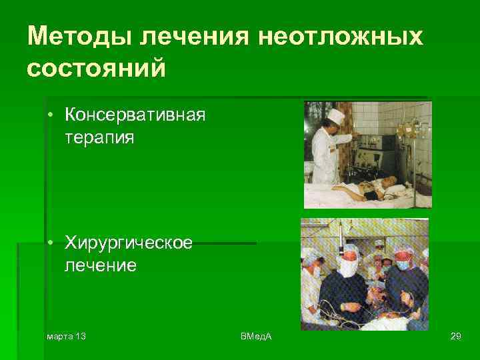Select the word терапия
pyautogui.click(x=99, y=138)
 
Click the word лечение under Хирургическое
pyautogui.click(x=101, y=266)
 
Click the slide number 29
pyautogui.click(x=456, y=335)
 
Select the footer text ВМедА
pyautogui.click(x=256, y=335)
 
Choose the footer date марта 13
pyautogui.click(x=65, y=335)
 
